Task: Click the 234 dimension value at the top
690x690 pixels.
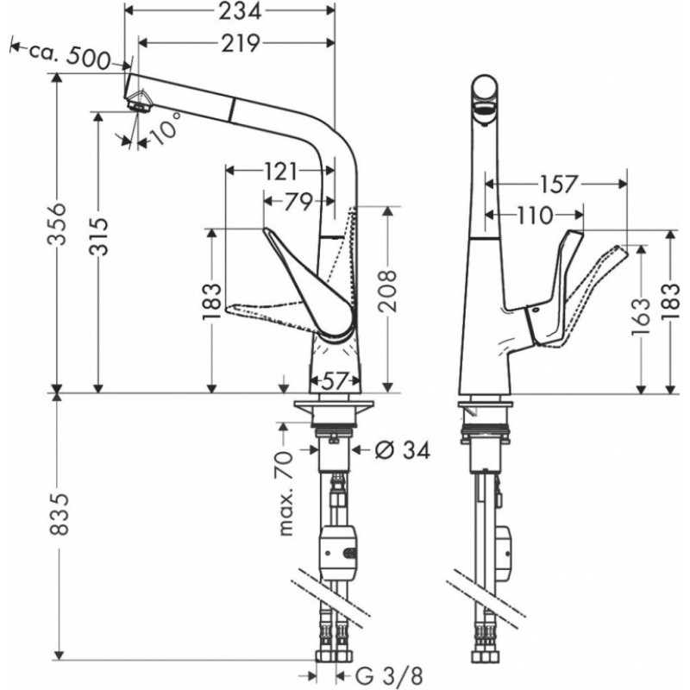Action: (x=241, y=11)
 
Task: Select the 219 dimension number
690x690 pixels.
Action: (x=240, y=43)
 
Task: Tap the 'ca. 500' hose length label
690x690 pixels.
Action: (x=70, y=54)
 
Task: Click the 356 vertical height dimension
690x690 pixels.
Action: (x=57, y=224)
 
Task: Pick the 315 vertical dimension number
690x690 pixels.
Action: (x=98, y=236)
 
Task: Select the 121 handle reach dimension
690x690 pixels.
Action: (x=280, y=171)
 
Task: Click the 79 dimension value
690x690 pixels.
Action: (x=298, y=202)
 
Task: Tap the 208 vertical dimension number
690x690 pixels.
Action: (x=387, y=292)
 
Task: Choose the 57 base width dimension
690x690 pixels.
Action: (x=335, y=380)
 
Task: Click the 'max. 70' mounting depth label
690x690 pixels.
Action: (x=286, y=492)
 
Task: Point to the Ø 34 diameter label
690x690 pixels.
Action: (x=402, y=450)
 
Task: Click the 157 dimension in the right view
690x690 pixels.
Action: (x=557, y=185)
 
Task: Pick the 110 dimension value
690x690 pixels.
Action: (x=534, y=216)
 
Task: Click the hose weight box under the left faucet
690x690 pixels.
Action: (x=338, y=552)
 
